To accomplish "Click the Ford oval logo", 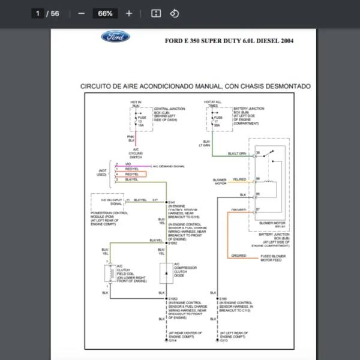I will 115,37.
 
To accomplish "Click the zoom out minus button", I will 82,13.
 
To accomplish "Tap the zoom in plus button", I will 129,13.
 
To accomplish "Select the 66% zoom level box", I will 105,13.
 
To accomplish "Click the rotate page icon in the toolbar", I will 174,13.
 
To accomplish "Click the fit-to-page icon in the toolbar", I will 156,13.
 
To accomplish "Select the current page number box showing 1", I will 38,13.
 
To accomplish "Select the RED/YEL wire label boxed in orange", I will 132,173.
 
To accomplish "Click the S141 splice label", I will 172,202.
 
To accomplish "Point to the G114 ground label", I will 172,340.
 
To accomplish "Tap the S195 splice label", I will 223,298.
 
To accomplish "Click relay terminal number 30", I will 258,154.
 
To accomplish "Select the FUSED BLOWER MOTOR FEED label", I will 273,258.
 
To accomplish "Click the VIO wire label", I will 128,164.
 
